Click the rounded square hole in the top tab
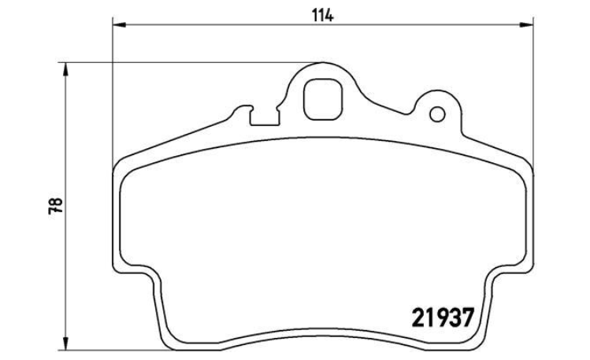pyautogui.click(x=323, y=100)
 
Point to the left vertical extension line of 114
pyautogui.click(x=113, y=95)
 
